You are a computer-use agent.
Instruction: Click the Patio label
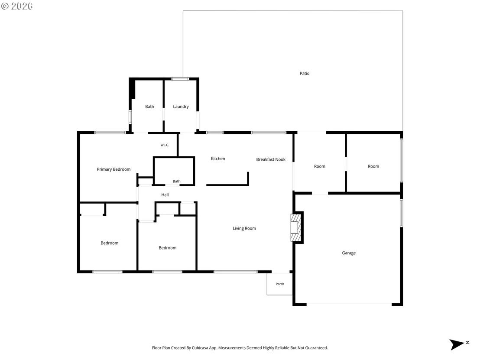coord(304,74)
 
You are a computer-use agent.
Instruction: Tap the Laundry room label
coord(181,107)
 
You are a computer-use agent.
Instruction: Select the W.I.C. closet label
coord(165,145)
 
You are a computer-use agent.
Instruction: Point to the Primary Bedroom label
coord(114,169)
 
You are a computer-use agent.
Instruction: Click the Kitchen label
coord(218,159)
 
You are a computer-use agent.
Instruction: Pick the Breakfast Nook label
coord(271,159)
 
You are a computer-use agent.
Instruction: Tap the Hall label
coord(165,195)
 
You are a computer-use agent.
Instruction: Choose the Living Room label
coord(244,228)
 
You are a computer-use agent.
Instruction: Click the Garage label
coord(349,253)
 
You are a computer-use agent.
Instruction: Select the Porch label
coord(280,284)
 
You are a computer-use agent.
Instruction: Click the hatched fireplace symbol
coord(296,227)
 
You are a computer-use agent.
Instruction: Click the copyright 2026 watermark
coord(17,6)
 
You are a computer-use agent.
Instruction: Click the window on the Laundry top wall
coord(180,79)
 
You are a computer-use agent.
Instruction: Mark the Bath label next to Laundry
coord(149,107)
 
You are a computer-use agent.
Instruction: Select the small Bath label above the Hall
coord(177,181)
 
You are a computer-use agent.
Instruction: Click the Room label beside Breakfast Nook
coord(320,166)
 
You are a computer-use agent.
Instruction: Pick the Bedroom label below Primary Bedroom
coord(109,243)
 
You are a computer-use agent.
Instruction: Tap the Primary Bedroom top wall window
coord(110,133)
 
